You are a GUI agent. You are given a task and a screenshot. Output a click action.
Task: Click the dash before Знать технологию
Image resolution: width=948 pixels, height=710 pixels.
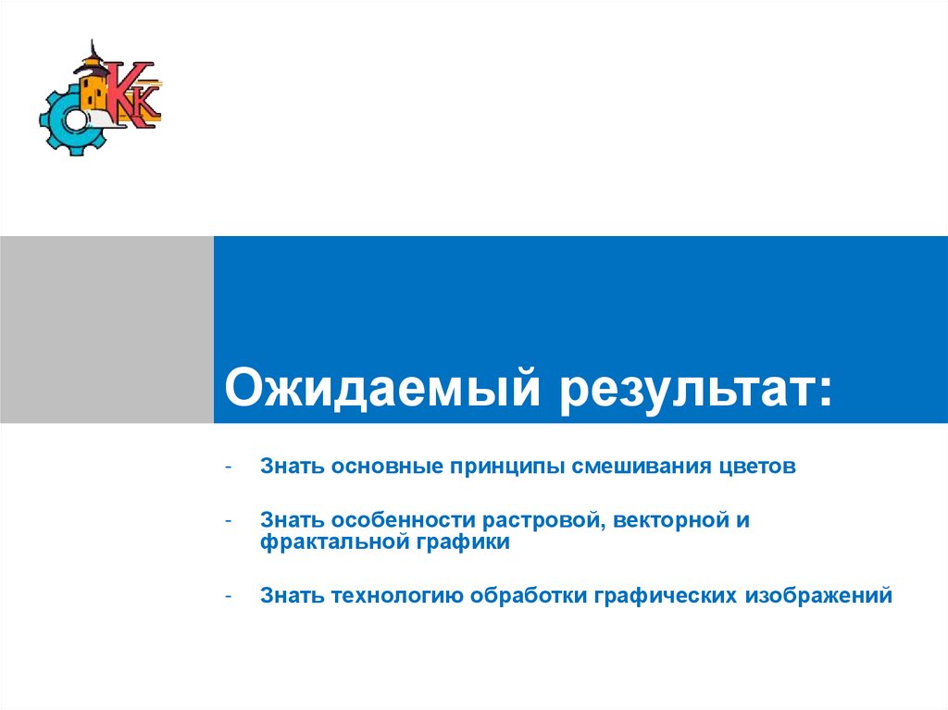228,595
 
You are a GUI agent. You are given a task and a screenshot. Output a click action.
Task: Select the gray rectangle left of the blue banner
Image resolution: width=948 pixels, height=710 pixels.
106,330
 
